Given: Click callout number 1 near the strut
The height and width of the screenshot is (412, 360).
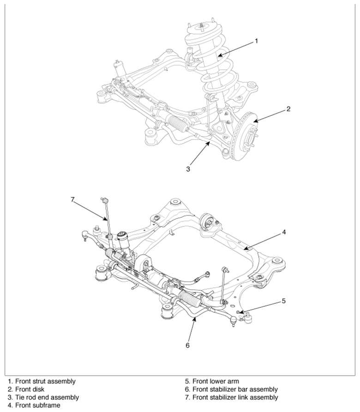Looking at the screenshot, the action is tap(256, 41).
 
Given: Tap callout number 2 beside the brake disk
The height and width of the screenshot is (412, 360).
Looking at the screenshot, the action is tap(288, 109).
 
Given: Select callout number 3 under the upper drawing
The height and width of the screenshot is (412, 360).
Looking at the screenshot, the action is tap(188, 169).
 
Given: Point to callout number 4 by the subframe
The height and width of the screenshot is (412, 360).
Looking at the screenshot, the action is tap(284, 232).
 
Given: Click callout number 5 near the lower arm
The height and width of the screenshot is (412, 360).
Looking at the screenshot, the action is tap(283, 301).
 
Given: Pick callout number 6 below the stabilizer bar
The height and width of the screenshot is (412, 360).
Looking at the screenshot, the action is tap(187, 345).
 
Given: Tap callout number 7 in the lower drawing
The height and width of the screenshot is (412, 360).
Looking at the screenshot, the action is tap(73, 199).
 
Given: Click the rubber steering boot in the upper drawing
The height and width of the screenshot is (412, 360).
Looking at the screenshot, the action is tap(178, 123).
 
